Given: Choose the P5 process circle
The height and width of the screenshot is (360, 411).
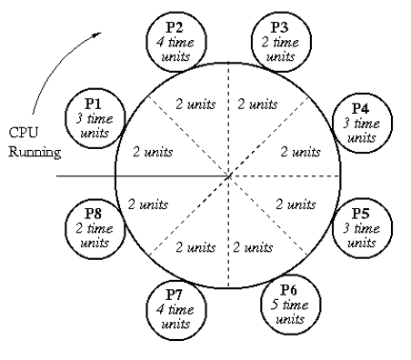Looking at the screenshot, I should tap(362, 227).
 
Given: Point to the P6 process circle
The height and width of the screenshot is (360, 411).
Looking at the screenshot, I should tap(289, 307).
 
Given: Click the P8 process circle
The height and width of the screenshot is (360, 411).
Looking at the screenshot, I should tap(92, 228).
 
